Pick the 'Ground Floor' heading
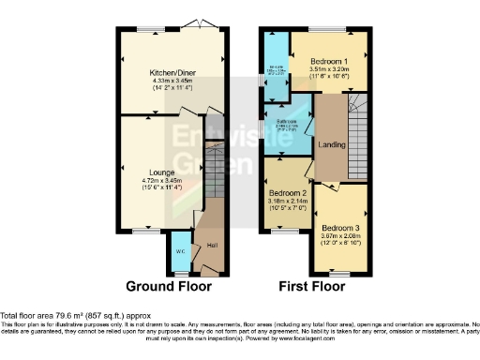pyautogui.click(x=169, y=286)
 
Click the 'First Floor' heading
pyautogui.click(x=310, y=286)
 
